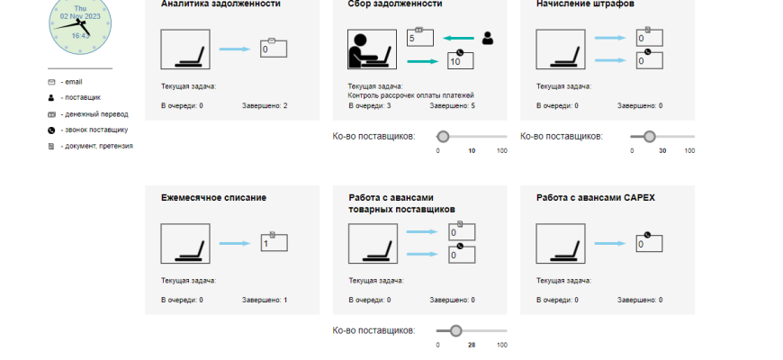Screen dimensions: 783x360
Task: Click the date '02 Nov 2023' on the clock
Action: [80, 16]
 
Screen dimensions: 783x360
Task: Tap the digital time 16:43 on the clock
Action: [80, 35]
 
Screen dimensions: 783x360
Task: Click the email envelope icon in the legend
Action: [51, 82]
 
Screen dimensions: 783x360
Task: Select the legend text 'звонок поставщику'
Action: [96, 130]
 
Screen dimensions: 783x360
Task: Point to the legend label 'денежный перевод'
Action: [96, 114]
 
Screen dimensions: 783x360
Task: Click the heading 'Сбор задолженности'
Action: [395, 4]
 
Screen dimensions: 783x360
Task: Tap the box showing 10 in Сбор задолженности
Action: [461, 60]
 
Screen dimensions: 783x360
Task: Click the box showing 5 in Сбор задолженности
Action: [420, 38]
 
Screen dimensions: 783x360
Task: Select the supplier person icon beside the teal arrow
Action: [488, 39]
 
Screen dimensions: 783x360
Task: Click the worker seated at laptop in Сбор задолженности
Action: [372, 49]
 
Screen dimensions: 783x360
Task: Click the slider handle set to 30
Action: [649, 136]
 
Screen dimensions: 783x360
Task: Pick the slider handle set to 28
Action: [455, 330]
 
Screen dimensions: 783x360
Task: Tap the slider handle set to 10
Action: [443, 136]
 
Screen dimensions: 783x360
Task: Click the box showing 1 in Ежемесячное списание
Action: [274, 242]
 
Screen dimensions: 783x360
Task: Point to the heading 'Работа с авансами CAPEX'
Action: [596, 198]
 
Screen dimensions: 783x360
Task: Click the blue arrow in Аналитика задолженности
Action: [235, 49]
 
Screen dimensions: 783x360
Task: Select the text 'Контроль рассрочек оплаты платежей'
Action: [410, 95]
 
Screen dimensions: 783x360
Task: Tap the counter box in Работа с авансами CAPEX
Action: [649, 243]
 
